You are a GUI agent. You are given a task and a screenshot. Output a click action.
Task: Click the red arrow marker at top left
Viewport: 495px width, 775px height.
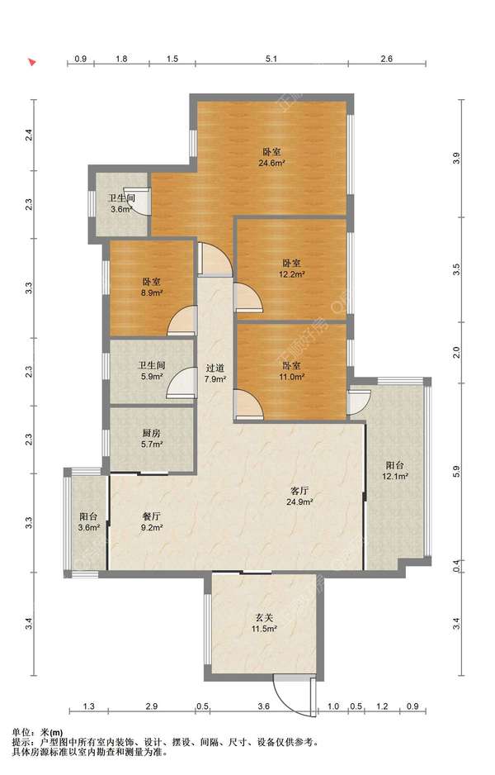32,62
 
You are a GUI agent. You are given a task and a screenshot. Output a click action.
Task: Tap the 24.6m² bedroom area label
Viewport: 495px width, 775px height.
272,163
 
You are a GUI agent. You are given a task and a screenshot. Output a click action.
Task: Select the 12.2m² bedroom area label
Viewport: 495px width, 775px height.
292,274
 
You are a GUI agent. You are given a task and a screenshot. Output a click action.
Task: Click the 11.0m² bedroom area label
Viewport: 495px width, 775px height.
292,377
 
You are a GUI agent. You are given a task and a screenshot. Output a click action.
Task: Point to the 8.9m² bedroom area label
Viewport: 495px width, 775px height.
151,293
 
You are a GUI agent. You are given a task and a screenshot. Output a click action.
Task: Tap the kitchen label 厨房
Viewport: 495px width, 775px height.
151,433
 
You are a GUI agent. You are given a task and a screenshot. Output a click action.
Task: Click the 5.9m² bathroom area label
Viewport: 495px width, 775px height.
151,377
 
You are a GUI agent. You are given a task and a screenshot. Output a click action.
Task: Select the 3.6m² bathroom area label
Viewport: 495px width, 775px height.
121,210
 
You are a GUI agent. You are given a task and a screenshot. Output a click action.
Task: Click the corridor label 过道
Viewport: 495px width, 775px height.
214,368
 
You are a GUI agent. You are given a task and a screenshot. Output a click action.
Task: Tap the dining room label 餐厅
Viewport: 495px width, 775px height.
151,516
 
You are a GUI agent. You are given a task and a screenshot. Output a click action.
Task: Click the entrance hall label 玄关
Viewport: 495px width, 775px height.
264,618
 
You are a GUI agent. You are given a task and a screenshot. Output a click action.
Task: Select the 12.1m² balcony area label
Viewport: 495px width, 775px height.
395,477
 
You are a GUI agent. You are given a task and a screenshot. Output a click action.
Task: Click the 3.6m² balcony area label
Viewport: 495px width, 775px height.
89,528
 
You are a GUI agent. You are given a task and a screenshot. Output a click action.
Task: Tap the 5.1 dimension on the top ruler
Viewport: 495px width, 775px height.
271,59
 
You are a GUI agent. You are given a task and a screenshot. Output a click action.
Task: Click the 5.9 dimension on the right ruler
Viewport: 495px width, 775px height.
456,473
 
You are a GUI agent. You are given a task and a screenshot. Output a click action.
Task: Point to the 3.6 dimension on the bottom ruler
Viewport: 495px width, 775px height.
263,706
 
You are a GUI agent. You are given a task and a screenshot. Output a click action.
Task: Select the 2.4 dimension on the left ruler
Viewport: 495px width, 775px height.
30,135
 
